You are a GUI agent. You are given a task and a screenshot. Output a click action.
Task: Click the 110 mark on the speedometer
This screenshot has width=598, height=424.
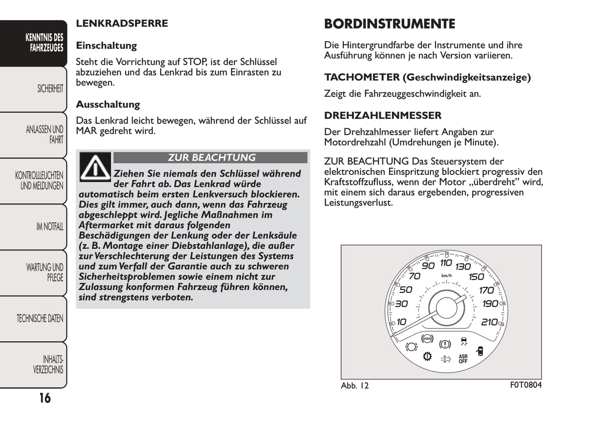pyautogui.click(x=446, y=263)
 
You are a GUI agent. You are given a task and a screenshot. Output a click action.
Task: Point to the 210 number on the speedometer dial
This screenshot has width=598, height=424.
pyautogui.click(x=489, y=322)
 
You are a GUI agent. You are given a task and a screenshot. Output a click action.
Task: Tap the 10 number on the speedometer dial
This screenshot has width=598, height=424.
pyautogui.click(x=401, y=322)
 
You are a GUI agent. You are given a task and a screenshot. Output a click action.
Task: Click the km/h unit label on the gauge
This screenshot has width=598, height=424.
pyautogui.click(x=447, y=276)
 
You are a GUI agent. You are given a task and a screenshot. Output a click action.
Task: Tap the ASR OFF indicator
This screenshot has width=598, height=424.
pyautogui.click(x=463, y=359)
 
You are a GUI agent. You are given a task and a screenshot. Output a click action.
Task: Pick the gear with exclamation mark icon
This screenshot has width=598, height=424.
pyautogui.click(x=427, y=356)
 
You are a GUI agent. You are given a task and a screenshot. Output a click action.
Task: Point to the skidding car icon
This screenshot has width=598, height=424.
pyautogui.click(x=464, y=341)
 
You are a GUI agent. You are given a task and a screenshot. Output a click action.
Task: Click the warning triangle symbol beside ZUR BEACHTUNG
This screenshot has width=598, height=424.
pyautogui.click(x=95, y=167)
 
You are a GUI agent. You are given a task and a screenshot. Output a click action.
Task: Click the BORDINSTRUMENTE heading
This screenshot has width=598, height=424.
pyautogui.click(x=389, y=24)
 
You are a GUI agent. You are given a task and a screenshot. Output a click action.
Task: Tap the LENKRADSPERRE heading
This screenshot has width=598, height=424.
pyautogui.click(x=122, y=23)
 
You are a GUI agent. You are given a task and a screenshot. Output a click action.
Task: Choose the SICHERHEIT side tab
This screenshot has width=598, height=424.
pyautogui.click(x=50, y=89)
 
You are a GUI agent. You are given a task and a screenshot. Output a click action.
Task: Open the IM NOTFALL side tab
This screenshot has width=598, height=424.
pyautogui.click(x=50, y=226)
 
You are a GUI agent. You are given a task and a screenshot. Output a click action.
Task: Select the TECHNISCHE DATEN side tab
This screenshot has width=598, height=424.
pyautogui.click(x=40, y=319)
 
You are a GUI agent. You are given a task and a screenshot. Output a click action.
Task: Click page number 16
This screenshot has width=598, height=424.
pyautogui.click(x=45, y=398)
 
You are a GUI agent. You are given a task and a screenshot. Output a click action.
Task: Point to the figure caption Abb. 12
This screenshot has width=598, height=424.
pyautogui.click(x=355, y=386)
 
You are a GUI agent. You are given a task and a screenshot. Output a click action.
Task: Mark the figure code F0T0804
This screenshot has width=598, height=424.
pyautogui.click(x=526, y=385)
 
